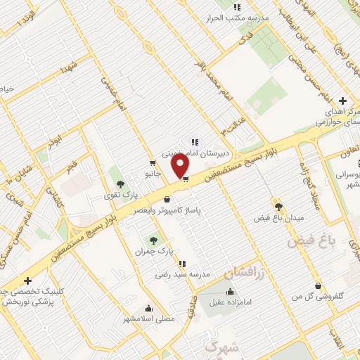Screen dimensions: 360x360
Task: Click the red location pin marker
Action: (x=181, y=166)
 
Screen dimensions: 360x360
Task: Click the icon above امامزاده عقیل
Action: (x=230, y=291)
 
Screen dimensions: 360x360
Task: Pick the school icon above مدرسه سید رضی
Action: (x=183, y=264)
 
